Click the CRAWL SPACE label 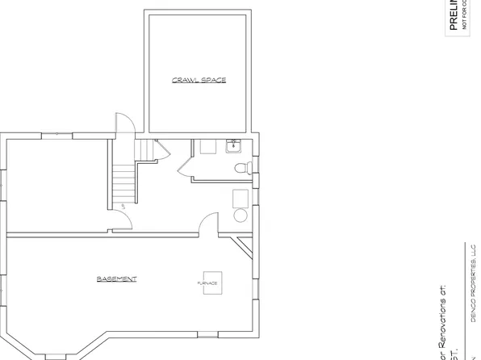pos(199,80)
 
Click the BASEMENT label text pos(117,279)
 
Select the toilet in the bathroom pos(240,168)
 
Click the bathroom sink pos(234,146)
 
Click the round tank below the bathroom pos(240,216)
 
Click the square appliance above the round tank pos(240,198)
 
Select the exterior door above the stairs pos(122,125)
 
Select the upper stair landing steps pos(143,151)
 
